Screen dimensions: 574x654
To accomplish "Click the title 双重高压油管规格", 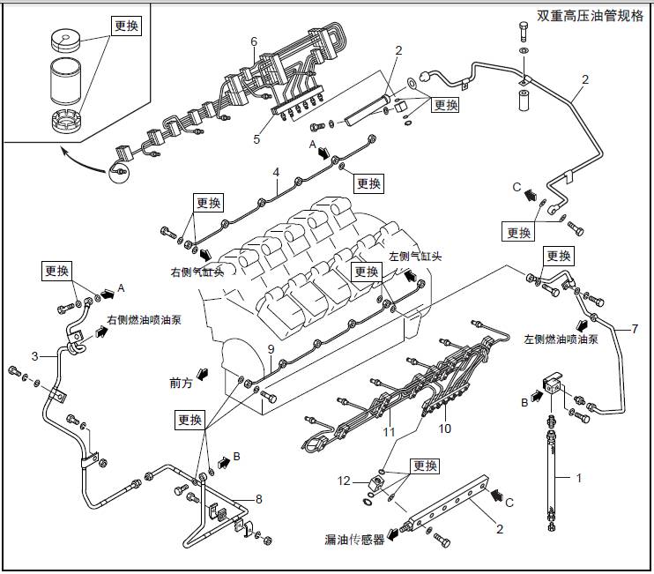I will pyautogui.click(x=591, y=15).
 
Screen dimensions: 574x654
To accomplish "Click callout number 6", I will pyautogui.click(x=254, y=41).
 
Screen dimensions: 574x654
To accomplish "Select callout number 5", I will pyautogui.click(x=257, y=138).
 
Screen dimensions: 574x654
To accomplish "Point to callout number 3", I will pyautogui.click(x=34, y=356).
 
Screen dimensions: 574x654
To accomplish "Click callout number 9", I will pyautogui.click(x=271, y=351).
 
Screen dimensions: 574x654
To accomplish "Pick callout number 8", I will pyautogui.click(x=258, y=499).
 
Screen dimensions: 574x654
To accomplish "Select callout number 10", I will pyautogui.click(x=445, y=429).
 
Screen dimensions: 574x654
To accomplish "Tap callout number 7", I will pyautogui.click(x=634, y=329).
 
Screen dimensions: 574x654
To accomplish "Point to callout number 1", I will pyautogui.click(x=579, y=479).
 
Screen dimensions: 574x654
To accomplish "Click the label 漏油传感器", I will pyautogui.click(x=354, y=540).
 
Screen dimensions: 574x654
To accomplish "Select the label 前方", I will pyautogui.click(x=181, y=383).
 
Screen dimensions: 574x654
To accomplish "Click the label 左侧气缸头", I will pyautogui.click(x=414, y=257).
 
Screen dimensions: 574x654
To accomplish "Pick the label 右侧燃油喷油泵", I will pyautogui.click(x=144, y=320).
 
